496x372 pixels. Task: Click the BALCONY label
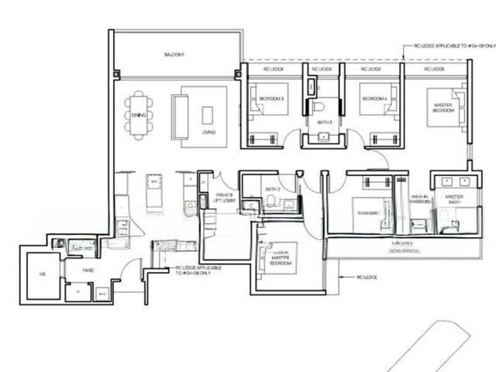(x=174, y=54)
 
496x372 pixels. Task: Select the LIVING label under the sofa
(x=208, y=133)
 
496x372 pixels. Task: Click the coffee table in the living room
(x=207, y=115)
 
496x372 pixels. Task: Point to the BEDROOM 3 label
(x=271, y=99)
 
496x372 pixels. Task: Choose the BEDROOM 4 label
(x=374, y=99)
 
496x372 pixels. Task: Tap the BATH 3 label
(x=324, y=122)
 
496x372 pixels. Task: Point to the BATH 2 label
(x=272, y=189)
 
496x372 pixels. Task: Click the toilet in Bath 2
(x=270, y=202)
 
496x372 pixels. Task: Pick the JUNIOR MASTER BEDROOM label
(x=281, y=258)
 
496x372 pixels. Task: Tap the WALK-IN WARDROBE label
(x=419, y=199)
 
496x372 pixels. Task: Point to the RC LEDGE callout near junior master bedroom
(x=367, y=276)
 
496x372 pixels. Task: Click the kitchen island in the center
(x=154, y=191)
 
